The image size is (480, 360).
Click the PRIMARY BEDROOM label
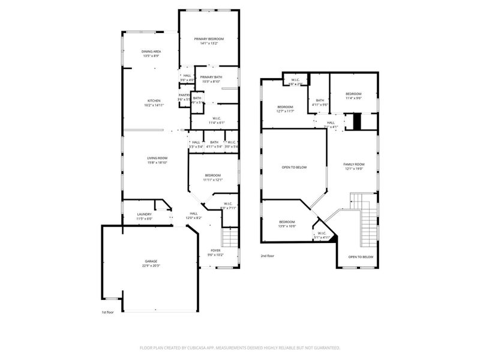click(x=209, y=39)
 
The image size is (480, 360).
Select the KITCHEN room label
click(x=154, y=100)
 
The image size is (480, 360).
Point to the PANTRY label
click(x=184, y=95)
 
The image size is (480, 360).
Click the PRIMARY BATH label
click(x=211, y=77)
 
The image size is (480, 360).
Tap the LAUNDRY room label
click(x=144, y=214)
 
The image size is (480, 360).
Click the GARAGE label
click(x=151, y=262)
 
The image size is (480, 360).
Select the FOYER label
click(x=215, y=250)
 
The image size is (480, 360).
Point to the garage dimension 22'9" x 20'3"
click(x=151, y=266)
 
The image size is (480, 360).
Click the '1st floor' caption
click(x=107, y=312)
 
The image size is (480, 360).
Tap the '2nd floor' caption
click(x=268, y=256)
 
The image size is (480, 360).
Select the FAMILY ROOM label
click(x=353, y=164)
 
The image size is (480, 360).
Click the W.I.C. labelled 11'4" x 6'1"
click(x=216, y=121)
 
